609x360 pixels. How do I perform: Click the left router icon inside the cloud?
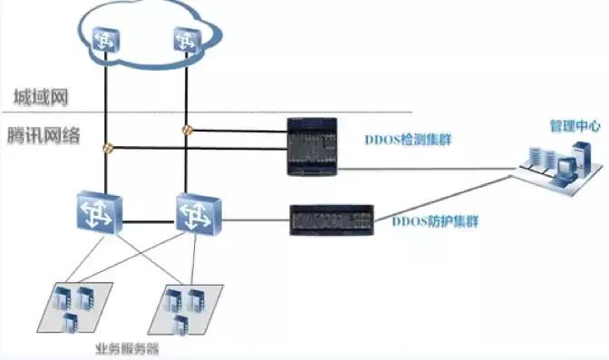click(107, 36)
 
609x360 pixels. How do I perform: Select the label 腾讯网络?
click(43, 136)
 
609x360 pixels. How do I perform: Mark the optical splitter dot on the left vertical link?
click(107, 146)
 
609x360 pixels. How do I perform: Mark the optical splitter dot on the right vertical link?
click(187, 128)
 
